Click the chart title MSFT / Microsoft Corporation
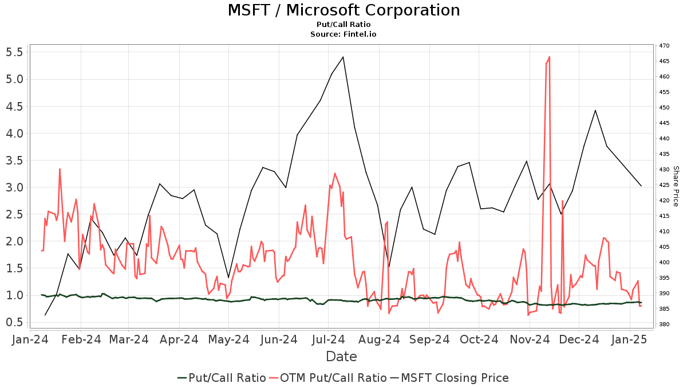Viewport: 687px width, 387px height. (x=343, y=10)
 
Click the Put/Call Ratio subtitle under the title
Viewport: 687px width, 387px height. (x=343, y=25)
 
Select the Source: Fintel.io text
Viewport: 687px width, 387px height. (x=343, y=34)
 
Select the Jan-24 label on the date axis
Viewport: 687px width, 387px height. (x=30, y=339)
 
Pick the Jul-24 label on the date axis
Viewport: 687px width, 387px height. (x=329, y=339)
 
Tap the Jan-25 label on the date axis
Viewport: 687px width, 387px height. (x=630, y=339)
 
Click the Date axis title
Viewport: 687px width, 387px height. (x=341, y=357)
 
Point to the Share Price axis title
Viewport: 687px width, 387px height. (x=676, y=186)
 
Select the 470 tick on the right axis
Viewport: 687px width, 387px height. (x=664, y=46)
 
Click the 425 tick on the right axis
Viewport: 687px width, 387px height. (x=664, y=185)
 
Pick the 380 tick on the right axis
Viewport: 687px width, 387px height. (x=664, y=325)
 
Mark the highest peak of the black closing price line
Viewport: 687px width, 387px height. (x=343, y=57)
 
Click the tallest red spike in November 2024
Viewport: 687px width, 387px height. (x=549, y=57)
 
